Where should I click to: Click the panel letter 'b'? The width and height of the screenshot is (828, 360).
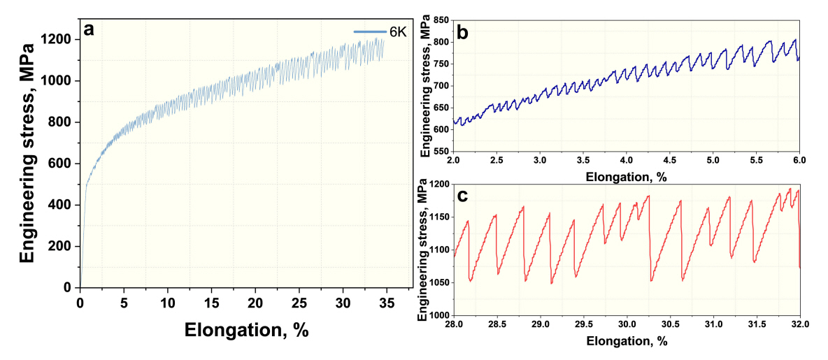click(462, 31)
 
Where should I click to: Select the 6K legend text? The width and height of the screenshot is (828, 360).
click(397, 32)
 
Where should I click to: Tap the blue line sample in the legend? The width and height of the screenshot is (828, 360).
click(370, 32)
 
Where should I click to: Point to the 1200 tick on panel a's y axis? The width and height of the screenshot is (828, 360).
click(59, 39)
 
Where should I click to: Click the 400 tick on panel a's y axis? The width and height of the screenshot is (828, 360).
click(63, 205)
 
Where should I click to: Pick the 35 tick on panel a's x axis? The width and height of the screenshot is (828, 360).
click(387, 301)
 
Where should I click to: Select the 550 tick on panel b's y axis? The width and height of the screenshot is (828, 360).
click(440, 152)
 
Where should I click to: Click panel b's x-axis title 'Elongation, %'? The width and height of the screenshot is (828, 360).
click(626, 177)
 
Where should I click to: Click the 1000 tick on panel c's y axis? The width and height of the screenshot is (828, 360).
click(437, 315)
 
